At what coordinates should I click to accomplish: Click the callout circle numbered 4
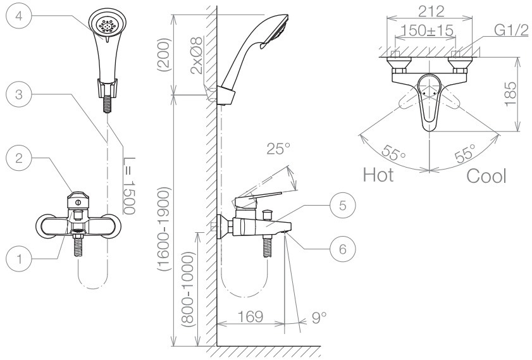[x=19, y=16]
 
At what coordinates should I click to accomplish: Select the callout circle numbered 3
[x=19, y=94]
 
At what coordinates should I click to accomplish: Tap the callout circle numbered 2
[x=19, y=158]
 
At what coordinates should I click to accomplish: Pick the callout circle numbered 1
[x=19, y=259]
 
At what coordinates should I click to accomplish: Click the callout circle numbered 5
[x=343, y=205]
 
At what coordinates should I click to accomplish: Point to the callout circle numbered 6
[x=343, y=249]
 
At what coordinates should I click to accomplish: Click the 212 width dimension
[x=431, y=11]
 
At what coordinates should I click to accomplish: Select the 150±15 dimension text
[x=427, y=30]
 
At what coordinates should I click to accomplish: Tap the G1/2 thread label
[x=511, y=30]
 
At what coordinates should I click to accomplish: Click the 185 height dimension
[x=510, y=94]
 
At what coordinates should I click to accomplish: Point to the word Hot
[x=378, y=175]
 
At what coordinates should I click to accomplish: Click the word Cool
[x=486, y=176]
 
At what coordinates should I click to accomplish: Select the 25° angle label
[x=278, y=149]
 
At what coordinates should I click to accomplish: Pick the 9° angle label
[x=319, y=318]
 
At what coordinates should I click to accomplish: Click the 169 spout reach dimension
[x=251, y=316]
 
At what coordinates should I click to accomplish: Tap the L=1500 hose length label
[x=129, y=185]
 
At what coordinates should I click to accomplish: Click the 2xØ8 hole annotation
[x=197, y=55]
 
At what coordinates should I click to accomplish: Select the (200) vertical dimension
[x=164, y=54]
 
